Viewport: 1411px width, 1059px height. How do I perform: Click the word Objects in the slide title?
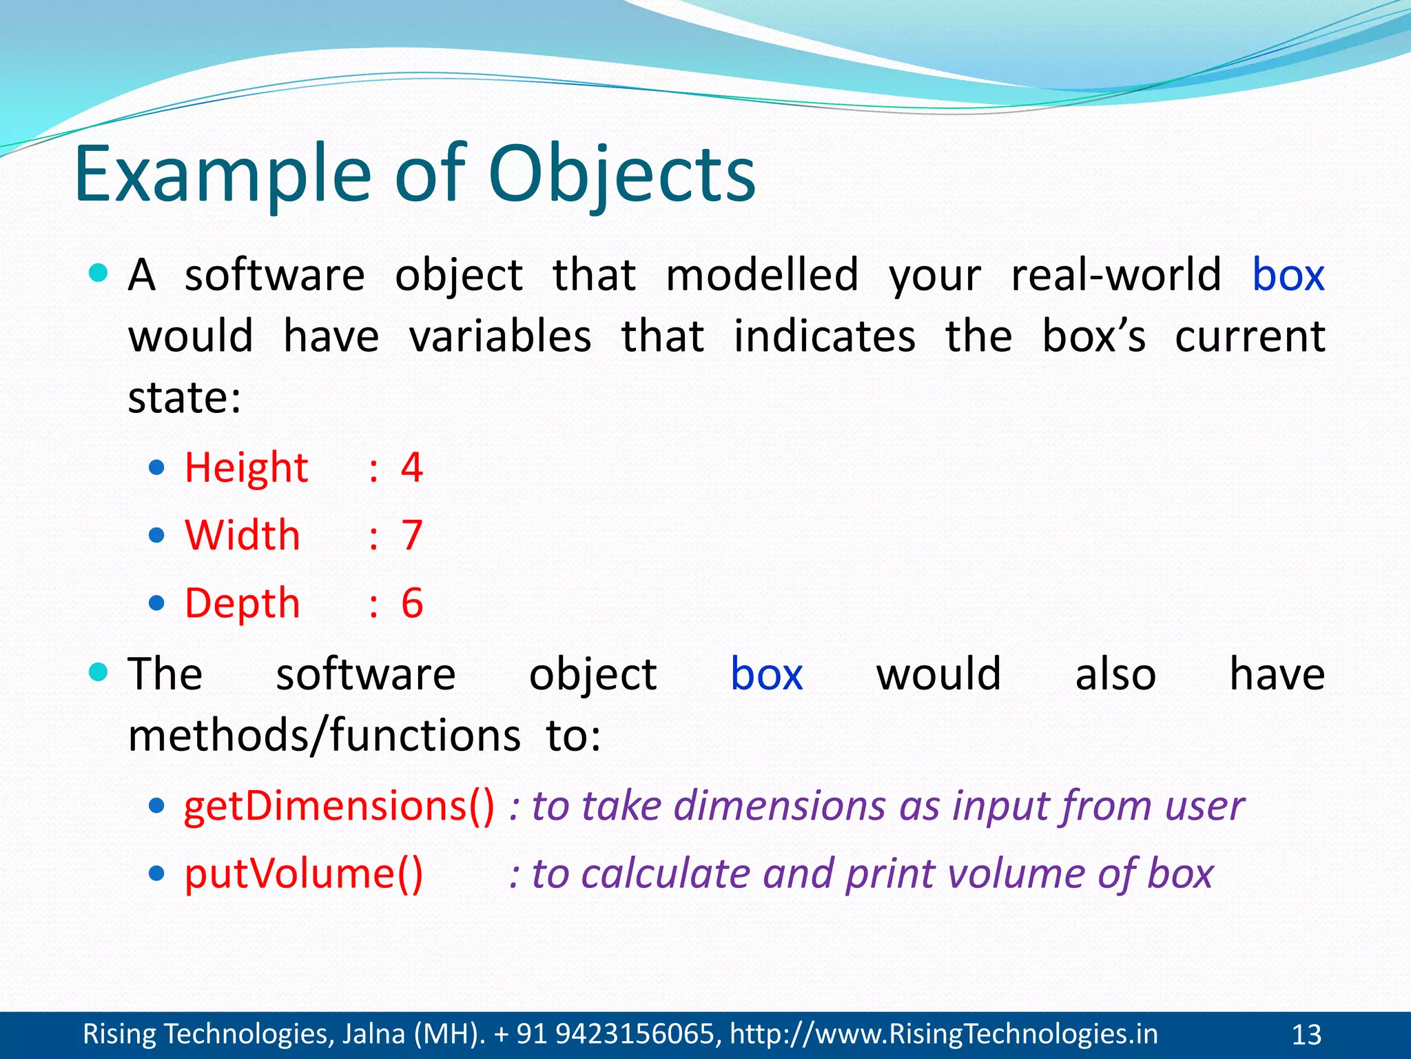[621, 175]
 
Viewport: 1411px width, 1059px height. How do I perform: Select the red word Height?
[246, 468]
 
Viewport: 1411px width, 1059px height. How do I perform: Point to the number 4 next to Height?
[412, 468]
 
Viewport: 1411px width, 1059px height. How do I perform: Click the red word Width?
[243, 535]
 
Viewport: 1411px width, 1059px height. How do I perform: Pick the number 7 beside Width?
[412, 535]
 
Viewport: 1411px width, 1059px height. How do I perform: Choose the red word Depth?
[243, 603]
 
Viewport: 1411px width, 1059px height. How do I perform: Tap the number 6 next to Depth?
[412, 603]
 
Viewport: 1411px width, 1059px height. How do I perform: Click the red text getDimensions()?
[339, 805]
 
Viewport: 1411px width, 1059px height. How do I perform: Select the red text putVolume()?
[303, 874]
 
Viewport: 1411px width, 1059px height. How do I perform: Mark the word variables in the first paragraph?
[500, 336]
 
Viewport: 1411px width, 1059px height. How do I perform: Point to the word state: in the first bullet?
[185, 398]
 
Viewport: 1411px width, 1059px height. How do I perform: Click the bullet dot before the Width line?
[157, 536]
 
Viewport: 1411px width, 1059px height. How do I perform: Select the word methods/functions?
[325, 735]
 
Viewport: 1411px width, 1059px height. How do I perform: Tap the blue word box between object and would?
[766, 674]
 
